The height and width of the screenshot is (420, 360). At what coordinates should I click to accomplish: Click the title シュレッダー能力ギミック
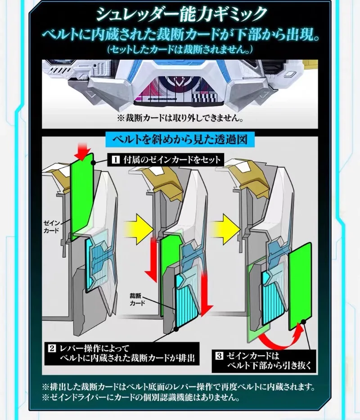click(180, 13)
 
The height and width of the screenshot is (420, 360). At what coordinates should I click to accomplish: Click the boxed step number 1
click(114, 160)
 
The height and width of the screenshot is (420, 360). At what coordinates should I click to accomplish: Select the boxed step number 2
click(52, 348)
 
